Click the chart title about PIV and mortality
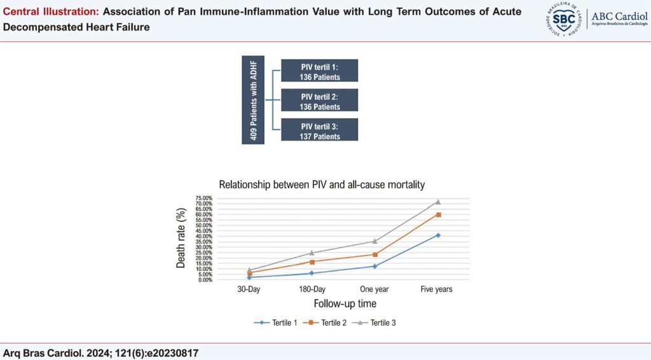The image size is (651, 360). (322, 185)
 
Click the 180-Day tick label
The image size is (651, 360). (312, 289)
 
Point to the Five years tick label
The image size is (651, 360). (437, 289)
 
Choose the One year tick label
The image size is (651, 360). (374, 289)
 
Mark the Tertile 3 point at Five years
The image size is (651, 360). (437, 202)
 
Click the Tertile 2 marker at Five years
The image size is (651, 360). (437, 215)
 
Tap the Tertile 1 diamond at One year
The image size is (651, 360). (374, 266)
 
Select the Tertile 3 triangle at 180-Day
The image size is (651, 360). (312, 253)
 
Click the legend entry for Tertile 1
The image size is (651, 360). (277, 322)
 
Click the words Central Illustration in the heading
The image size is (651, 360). (46, 13)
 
